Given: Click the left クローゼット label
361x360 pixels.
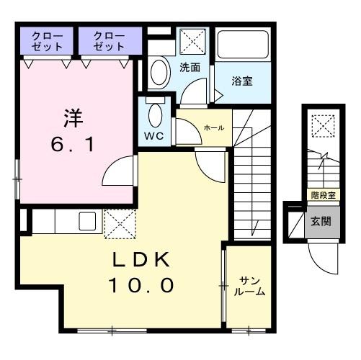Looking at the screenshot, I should point(47,41).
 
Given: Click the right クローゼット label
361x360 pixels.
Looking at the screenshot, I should point(107,41).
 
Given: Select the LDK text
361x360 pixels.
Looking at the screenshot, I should point(141,260).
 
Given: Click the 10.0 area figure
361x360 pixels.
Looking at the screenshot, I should point(141,286).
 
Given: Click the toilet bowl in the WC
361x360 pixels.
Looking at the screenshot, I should point(155,114).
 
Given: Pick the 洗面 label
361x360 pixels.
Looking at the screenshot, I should point(190,68).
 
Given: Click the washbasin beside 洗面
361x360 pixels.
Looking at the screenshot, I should point(158,72).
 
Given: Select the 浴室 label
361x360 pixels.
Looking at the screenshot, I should point(242,81).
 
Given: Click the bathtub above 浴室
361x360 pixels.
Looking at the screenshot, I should point(243,47).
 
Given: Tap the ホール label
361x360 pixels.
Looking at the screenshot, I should point(214,127).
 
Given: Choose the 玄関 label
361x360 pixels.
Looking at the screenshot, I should point(321,221).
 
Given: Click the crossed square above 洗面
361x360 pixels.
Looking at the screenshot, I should point(191,39).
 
